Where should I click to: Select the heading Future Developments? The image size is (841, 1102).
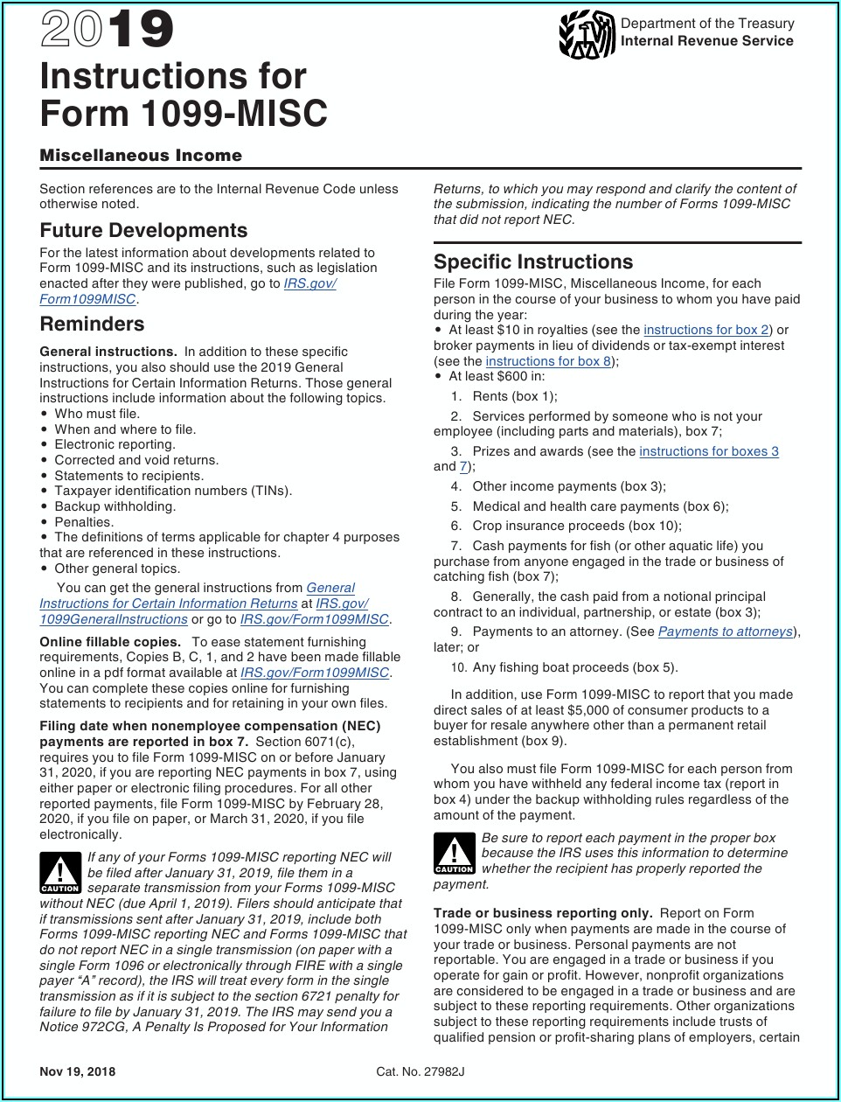[x=143, y=230]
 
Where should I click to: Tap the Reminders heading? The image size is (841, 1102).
[x=92, y=324]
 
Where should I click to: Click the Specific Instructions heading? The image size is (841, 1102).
[x=532, y=262]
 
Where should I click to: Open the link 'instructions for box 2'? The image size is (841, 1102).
[x=705, y=330]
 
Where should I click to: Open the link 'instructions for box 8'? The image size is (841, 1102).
[x=548, y=361]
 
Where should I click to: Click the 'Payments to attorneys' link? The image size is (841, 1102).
[x=725, y=631]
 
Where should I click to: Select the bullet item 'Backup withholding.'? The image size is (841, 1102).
[x=115, y=506]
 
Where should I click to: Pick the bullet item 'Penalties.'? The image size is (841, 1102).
[x=84, y=522]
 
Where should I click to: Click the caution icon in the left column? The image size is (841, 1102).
[x=60, y=873]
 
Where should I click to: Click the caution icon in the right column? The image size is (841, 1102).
[x=454, y=854]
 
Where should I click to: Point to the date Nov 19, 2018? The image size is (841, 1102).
[x=77, y=1071]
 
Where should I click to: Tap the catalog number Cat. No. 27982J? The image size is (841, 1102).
[x=420, y=1071]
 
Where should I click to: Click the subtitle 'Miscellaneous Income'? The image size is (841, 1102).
[x=141, y=156]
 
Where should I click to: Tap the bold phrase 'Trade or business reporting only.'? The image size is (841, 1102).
[x=543, y=913]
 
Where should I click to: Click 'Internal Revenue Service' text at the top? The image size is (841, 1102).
[x=706, y=41]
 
